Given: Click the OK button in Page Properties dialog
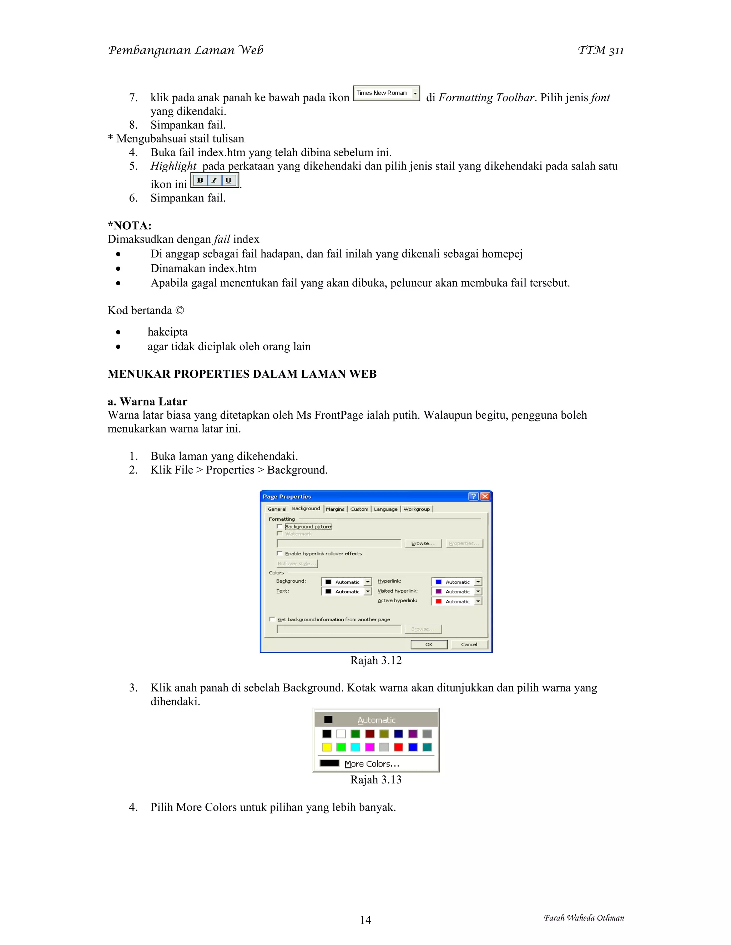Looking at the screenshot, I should (429, 644).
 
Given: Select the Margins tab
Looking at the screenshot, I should (335, 509).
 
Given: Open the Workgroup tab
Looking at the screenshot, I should (416, 509).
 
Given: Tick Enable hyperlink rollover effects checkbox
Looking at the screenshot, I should (280, 553).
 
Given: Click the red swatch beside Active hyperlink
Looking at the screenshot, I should (438, 601).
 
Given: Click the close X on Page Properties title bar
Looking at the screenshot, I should (485, 496).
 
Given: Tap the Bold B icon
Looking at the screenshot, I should (200, 180).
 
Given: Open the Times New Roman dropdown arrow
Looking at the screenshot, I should (415, 93).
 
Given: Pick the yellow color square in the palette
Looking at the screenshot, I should (327, 747).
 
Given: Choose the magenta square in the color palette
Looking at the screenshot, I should (369, 747).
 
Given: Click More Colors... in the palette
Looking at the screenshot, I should (371, 764).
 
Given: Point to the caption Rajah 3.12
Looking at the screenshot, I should (375, 660).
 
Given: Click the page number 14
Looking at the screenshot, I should (365, 920).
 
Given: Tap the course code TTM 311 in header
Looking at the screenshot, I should (600, 51).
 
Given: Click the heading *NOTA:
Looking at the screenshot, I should (130, 225).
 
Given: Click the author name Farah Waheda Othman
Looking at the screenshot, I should (583, 918).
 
